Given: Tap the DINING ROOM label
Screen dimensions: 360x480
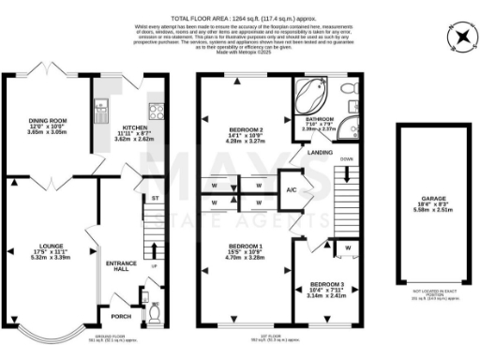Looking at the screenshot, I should pos(45,120).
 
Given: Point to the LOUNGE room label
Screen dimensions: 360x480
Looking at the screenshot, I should pos(49,248).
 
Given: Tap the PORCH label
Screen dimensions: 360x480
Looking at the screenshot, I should pos(121,302).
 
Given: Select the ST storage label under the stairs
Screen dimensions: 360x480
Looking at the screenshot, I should pos(156,199).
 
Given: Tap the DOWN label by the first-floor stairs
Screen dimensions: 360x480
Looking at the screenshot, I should pos(346,160).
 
